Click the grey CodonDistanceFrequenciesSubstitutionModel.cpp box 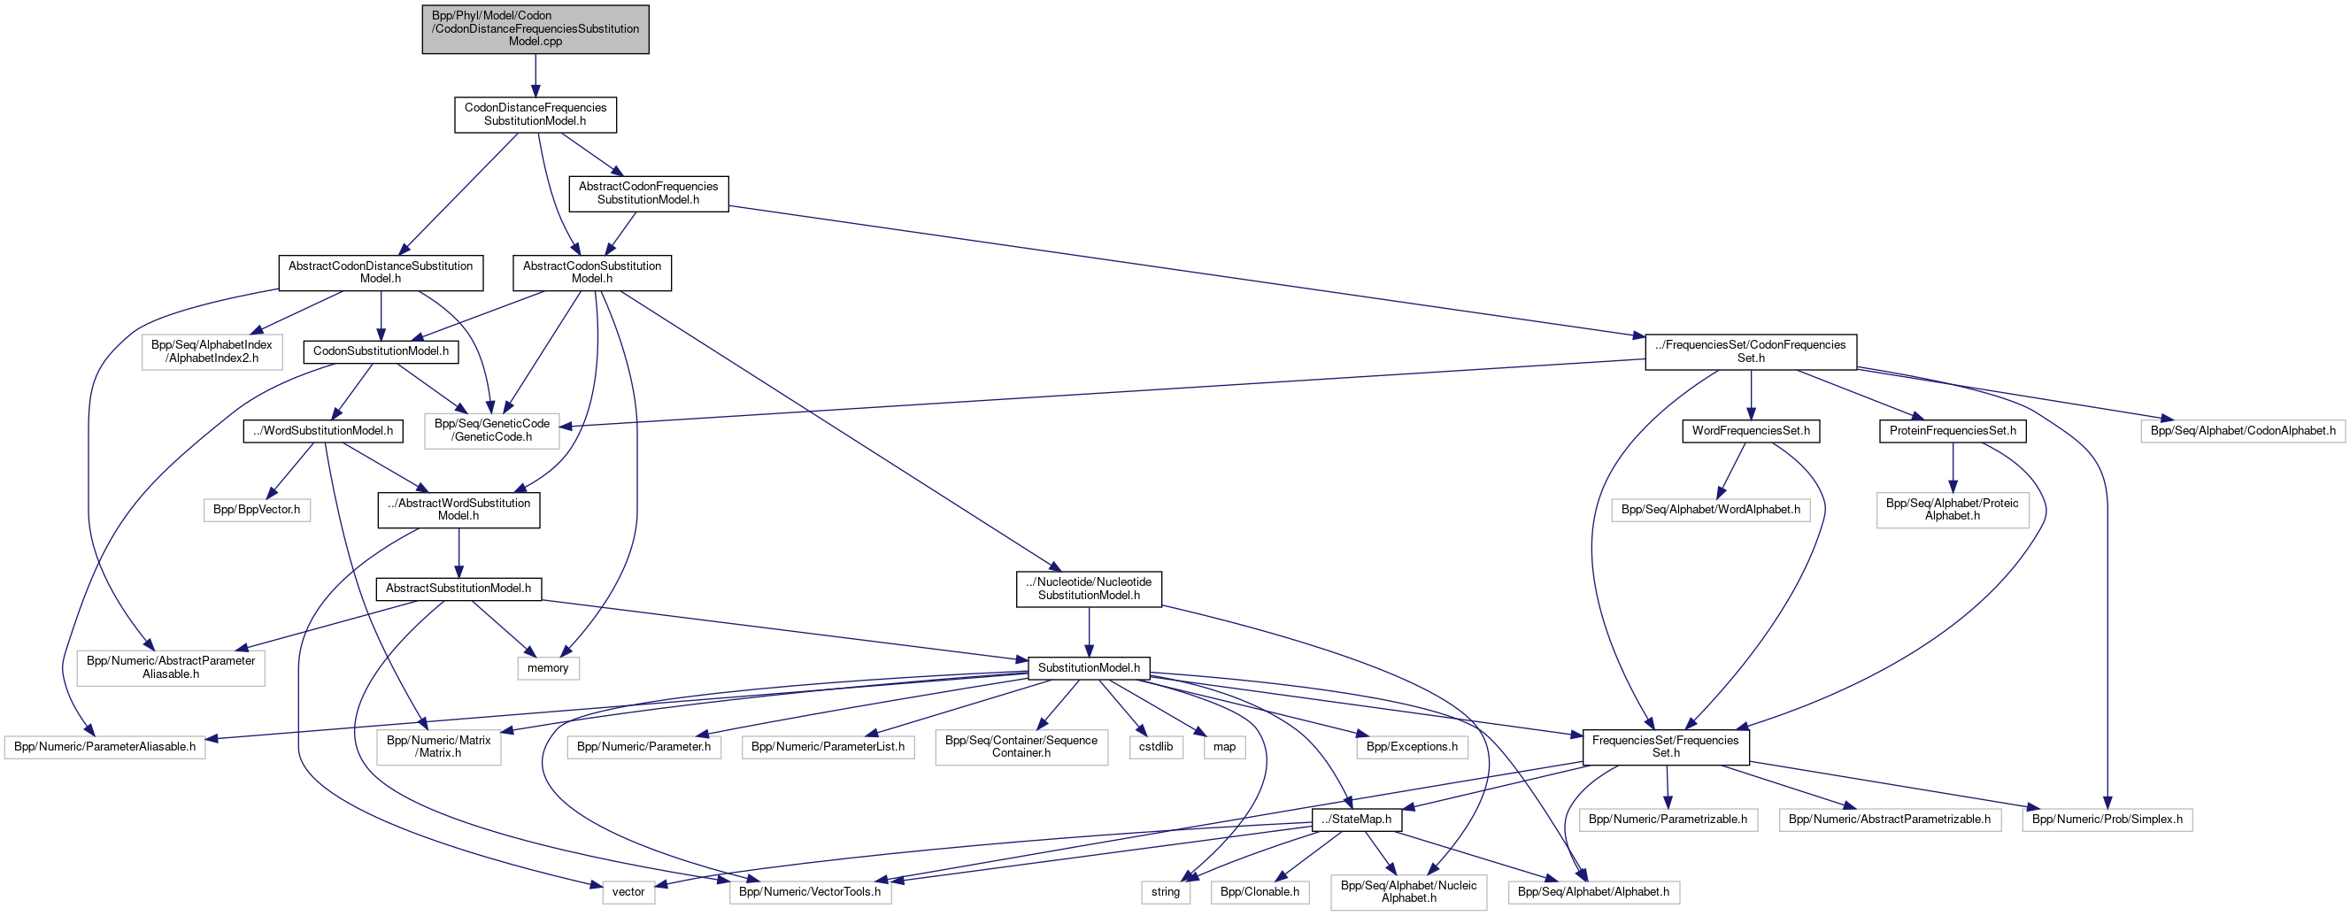point(535,29)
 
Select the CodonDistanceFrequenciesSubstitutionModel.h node point(535,114)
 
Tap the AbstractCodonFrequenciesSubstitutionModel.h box point(648,193)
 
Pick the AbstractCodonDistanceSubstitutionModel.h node point(380,273)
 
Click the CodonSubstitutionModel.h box point(381,351)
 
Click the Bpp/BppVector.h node point(257,509)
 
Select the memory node point(547,668)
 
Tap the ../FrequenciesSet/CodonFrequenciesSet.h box point(1750,351)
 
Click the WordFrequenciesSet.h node point(1750,431)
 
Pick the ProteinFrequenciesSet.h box point(1952,431)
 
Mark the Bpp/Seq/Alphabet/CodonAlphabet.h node point(2242,431)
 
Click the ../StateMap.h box point(1356,820)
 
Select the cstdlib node point(1155,746)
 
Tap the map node point(1223,746)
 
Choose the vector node point(628,891)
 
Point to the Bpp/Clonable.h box point(1259,891)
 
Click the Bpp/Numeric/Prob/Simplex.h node point(2107,820)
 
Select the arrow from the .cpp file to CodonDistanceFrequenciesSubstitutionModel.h point(535,75)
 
